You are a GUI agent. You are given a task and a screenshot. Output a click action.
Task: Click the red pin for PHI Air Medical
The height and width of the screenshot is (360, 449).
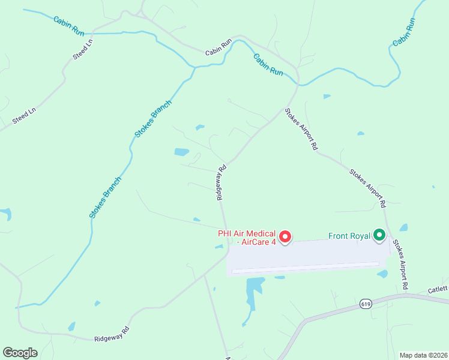286,238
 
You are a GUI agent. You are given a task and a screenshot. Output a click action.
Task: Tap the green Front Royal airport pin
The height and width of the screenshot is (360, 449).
379,235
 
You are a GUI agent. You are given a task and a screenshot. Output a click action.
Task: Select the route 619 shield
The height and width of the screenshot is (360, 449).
365,305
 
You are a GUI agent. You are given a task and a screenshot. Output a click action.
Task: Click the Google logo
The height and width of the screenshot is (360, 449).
20,352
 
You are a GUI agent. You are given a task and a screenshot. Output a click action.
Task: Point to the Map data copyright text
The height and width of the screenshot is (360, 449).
423,355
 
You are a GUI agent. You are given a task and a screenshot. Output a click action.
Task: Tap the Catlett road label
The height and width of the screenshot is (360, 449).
438,290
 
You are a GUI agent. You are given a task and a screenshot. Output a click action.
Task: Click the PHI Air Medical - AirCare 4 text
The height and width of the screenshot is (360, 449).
246,238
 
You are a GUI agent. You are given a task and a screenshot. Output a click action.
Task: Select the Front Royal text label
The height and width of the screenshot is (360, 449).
349,236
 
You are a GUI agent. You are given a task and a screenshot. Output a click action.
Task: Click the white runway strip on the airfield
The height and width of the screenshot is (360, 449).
305,267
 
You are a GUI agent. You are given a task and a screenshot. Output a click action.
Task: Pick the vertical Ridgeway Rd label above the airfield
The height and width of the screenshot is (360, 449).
221,182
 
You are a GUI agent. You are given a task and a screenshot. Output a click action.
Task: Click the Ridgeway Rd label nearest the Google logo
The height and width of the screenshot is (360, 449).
112,335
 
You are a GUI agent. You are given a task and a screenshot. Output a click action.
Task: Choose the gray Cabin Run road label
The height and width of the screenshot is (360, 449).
218,48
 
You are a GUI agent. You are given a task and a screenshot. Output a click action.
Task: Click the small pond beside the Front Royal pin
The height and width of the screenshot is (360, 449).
403,228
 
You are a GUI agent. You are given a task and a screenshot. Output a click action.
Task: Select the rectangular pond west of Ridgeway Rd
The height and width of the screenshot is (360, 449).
182,152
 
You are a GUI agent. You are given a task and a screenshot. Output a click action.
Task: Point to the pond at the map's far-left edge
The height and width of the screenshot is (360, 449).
5,214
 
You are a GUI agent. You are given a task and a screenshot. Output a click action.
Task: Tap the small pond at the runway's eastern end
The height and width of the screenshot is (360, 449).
382,274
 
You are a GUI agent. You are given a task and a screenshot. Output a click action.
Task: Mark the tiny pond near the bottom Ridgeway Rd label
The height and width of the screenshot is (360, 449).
72,326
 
